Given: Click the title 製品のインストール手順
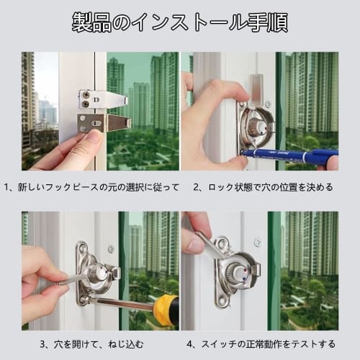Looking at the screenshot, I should (180, 22).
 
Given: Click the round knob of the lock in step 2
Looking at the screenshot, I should (256, 128).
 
